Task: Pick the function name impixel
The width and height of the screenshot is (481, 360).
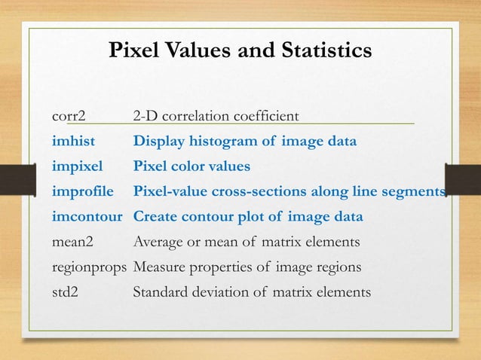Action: [77, 166]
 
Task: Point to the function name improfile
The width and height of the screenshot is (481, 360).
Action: [83, 191]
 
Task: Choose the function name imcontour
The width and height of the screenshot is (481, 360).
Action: [88, 217]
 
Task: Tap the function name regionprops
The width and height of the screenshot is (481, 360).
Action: [90, 267]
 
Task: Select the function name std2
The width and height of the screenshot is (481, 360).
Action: [65, 292]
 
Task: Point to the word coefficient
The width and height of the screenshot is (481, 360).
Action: [266, 117]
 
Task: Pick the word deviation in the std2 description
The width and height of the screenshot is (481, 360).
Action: [221, 292]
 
